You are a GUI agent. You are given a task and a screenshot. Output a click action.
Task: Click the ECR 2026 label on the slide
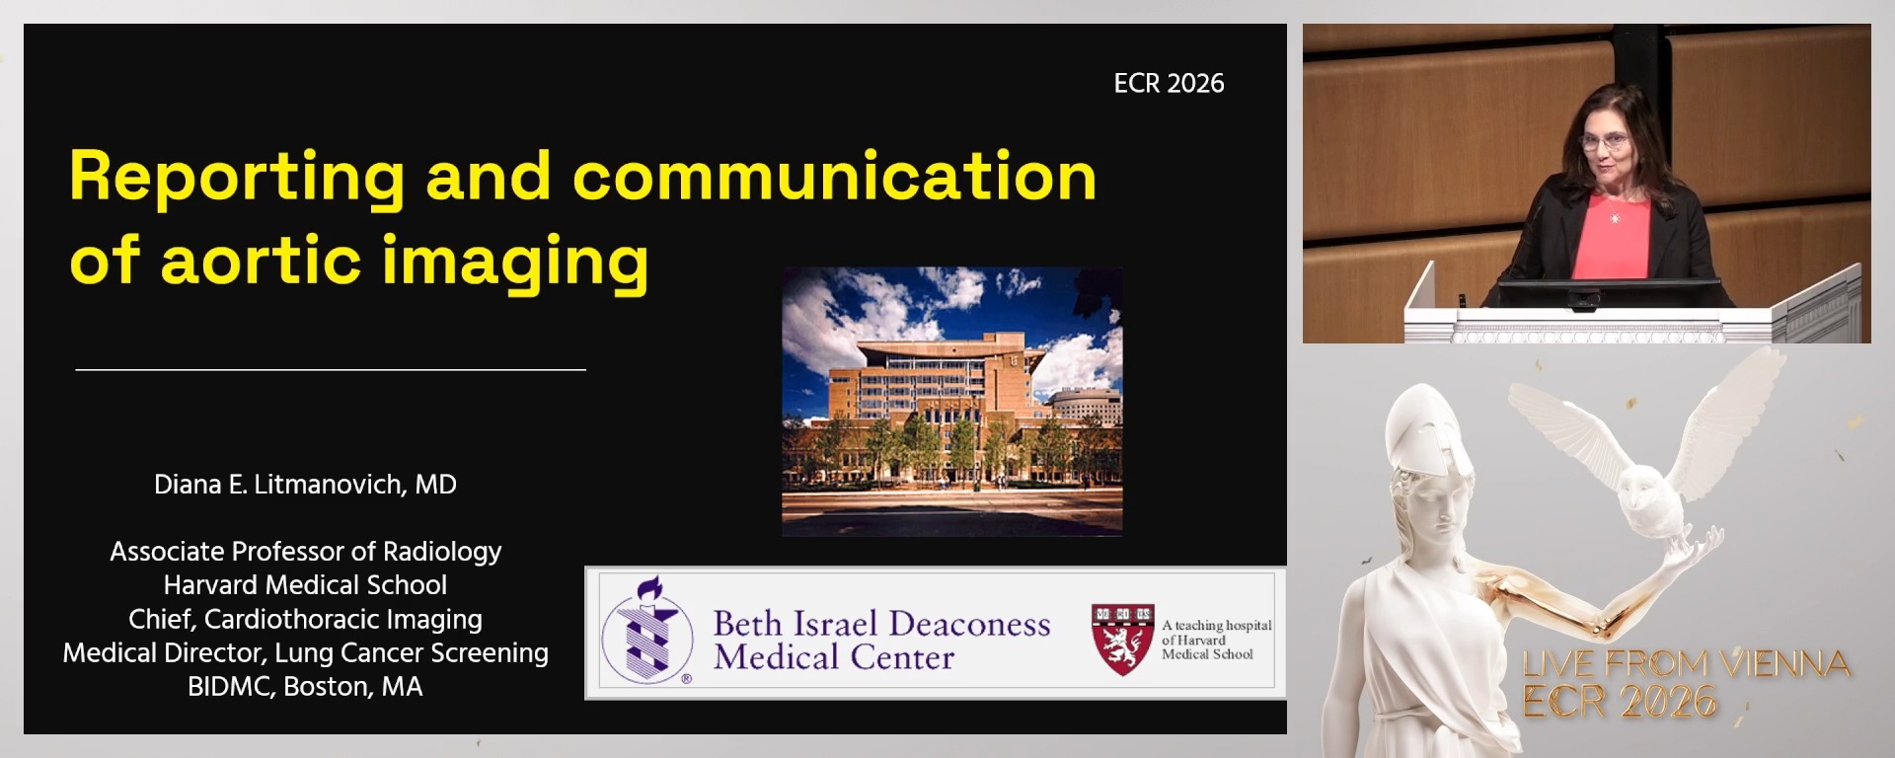pos(1169,84)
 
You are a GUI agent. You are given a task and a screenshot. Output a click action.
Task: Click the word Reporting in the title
pos(237,178)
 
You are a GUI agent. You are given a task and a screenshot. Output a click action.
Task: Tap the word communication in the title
pos(834,178)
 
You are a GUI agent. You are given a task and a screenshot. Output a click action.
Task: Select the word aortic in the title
pos(261,262)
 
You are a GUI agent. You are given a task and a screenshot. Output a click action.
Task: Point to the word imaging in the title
pos(515,263)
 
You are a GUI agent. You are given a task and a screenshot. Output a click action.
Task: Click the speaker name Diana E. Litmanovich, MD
pos(305,485)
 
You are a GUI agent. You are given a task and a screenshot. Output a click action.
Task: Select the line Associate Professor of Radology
pos(305,552)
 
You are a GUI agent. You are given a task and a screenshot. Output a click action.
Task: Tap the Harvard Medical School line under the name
pos(305,585)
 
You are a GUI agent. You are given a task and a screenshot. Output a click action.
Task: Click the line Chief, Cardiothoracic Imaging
pos(305,620)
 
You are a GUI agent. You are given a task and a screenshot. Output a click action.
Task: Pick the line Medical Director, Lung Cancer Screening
pos(305,653)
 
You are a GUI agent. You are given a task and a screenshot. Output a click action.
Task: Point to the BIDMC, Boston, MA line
pos(305,687)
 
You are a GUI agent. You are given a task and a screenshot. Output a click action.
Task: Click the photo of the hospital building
pos(951,402)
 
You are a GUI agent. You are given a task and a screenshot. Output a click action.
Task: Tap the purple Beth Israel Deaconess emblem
pos(646,633)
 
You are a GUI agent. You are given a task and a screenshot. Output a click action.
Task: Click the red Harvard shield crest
pos(1122,638)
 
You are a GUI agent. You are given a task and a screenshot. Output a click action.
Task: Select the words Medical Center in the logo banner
pos(834,658)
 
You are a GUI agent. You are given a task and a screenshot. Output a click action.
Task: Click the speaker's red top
pos(1611,237)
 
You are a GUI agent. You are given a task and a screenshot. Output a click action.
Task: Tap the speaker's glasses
pos(1604,141)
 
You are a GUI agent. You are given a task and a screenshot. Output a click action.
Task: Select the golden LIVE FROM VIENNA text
pos(1686,663)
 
